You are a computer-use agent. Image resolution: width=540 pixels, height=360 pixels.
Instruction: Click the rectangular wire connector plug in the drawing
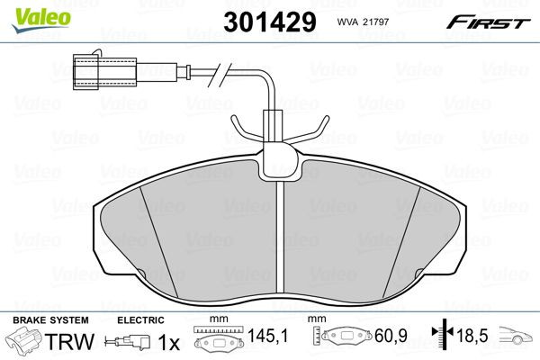90,68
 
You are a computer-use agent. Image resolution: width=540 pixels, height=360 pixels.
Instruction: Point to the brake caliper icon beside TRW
25,342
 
